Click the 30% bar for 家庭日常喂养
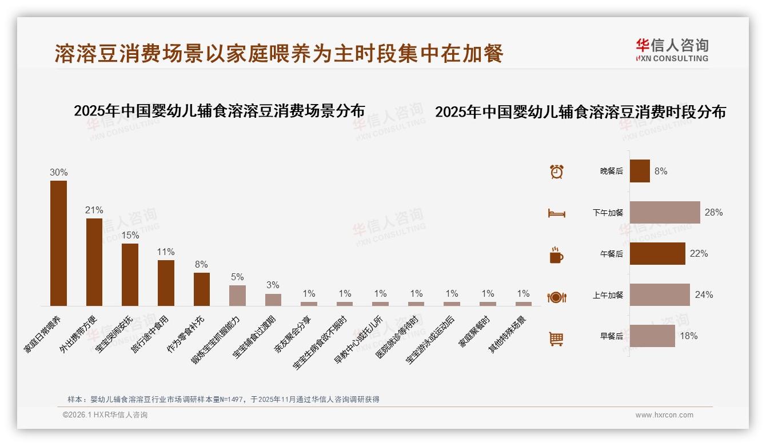58,243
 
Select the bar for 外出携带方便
94,262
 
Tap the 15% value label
130,235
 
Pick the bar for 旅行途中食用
166,283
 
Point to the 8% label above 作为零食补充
201,264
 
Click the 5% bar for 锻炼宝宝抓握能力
237,296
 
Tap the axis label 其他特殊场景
507,334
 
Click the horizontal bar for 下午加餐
664,212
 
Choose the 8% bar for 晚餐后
640,171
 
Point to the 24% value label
704,295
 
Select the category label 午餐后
611,254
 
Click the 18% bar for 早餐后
652,336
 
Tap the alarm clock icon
556,171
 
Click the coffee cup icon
556,255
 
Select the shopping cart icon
556,339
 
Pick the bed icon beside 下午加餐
556,213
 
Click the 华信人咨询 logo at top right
672,50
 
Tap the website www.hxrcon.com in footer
664,415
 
